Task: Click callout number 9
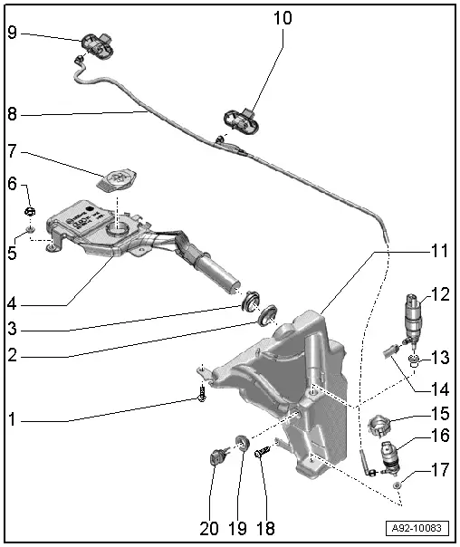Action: (13, 33)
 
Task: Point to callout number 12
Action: (439, 294)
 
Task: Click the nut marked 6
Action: (29, 214)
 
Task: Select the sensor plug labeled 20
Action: (216, 457)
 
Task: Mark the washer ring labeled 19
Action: (243, 444)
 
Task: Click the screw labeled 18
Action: (263, 450)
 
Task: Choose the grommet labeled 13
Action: (413, 363)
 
